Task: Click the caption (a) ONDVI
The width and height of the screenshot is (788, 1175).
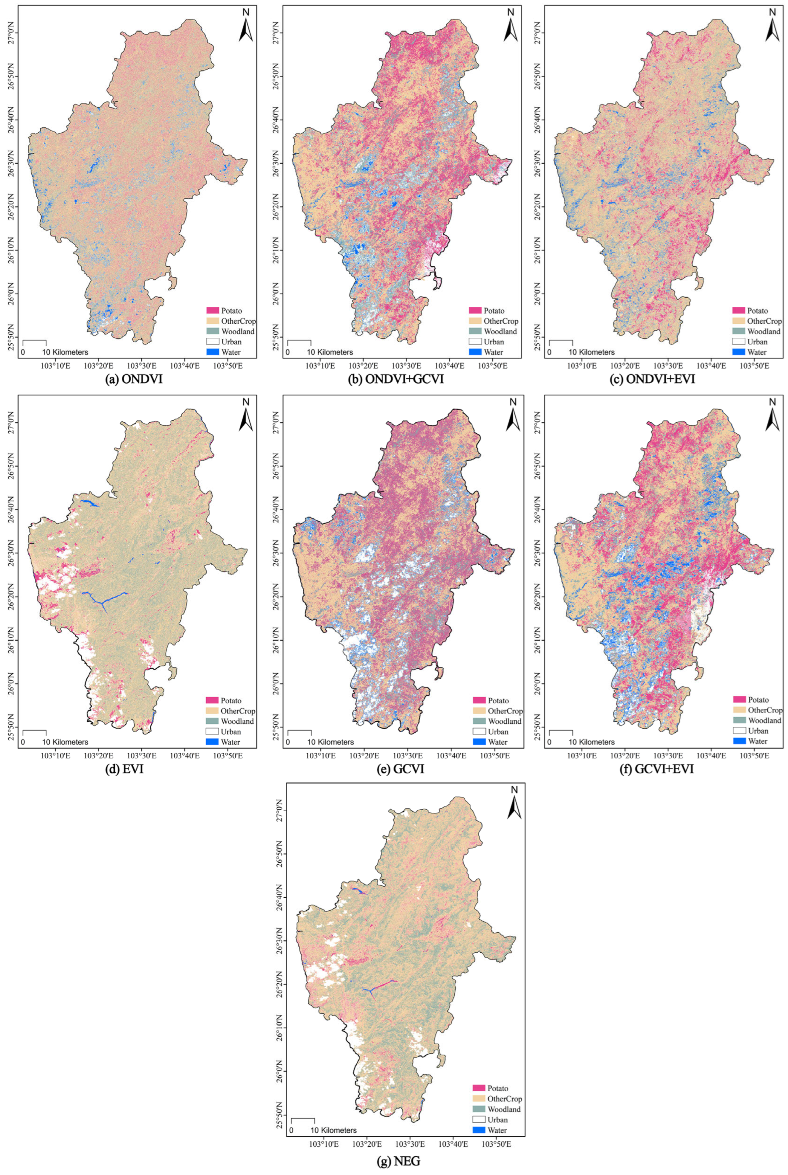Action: point(133,379)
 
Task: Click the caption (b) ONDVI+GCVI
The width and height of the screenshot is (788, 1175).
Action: point(397,379)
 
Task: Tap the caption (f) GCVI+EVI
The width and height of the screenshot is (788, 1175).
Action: point(659,769)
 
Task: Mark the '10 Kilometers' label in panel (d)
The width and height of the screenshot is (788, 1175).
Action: point(65,742)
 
